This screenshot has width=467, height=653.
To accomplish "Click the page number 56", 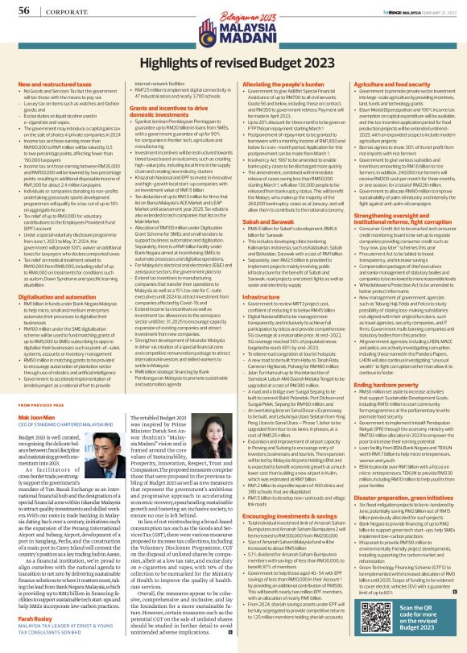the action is pos(23,9).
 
